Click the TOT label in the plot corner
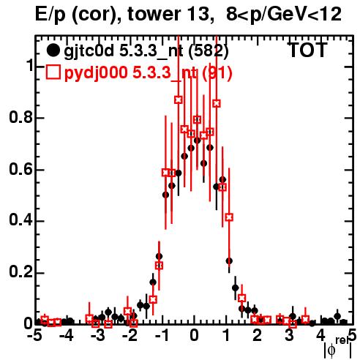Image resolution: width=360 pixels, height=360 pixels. point(308,50)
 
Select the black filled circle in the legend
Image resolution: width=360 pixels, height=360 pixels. point(53,50)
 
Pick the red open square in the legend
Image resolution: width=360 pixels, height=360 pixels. point(53,72)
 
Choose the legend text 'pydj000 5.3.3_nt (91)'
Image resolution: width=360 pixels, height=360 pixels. point(148,73)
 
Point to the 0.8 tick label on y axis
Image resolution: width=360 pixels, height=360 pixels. point(20,117)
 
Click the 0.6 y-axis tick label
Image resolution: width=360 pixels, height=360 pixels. point(20,169)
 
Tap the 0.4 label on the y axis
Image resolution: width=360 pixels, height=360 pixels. point(20,221)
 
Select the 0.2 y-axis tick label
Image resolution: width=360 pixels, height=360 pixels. point(20,273)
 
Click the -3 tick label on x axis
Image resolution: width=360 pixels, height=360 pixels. point(97,336)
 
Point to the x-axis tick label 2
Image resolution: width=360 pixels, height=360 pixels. point(258,336)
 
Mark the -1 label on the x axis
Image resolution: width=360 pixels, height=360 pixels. point(161,336)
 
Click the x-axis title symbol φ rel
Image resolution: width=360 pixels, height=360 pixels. point(338,348)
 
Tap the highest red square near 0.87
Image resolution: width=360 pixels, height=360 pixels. point(179,100)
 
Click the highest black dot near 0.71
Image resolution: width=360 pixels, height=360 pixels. point(198,140)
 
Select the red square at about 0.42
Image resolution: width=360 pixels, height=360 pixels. point(229,217)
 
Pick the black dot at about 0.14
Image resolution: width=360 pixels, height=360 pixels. point(236,288)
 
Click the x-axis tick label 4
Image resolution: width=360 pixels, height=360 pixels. point(321,336)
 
